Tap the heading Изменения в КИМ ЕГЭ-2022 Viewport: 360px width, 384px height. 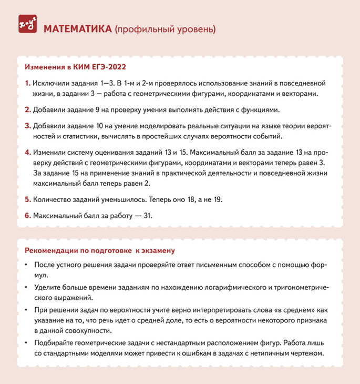point(76,68)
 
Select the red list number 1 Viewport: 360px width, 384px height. point(27,83)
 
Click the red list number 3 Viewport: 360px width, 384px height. point(28,127)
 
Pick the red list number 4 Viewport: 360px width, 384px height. point(28,153)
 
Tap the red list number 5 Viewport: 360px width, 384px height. point(28,200)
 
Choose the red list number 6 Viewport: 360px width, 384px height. point(28,216)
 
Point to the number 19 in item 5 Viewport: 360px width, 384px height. point(219,200)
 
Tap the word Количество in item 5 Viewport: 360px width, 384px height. point(53,200)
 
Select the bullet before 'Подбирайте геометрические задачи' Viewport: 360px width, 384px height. point(26,343)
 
